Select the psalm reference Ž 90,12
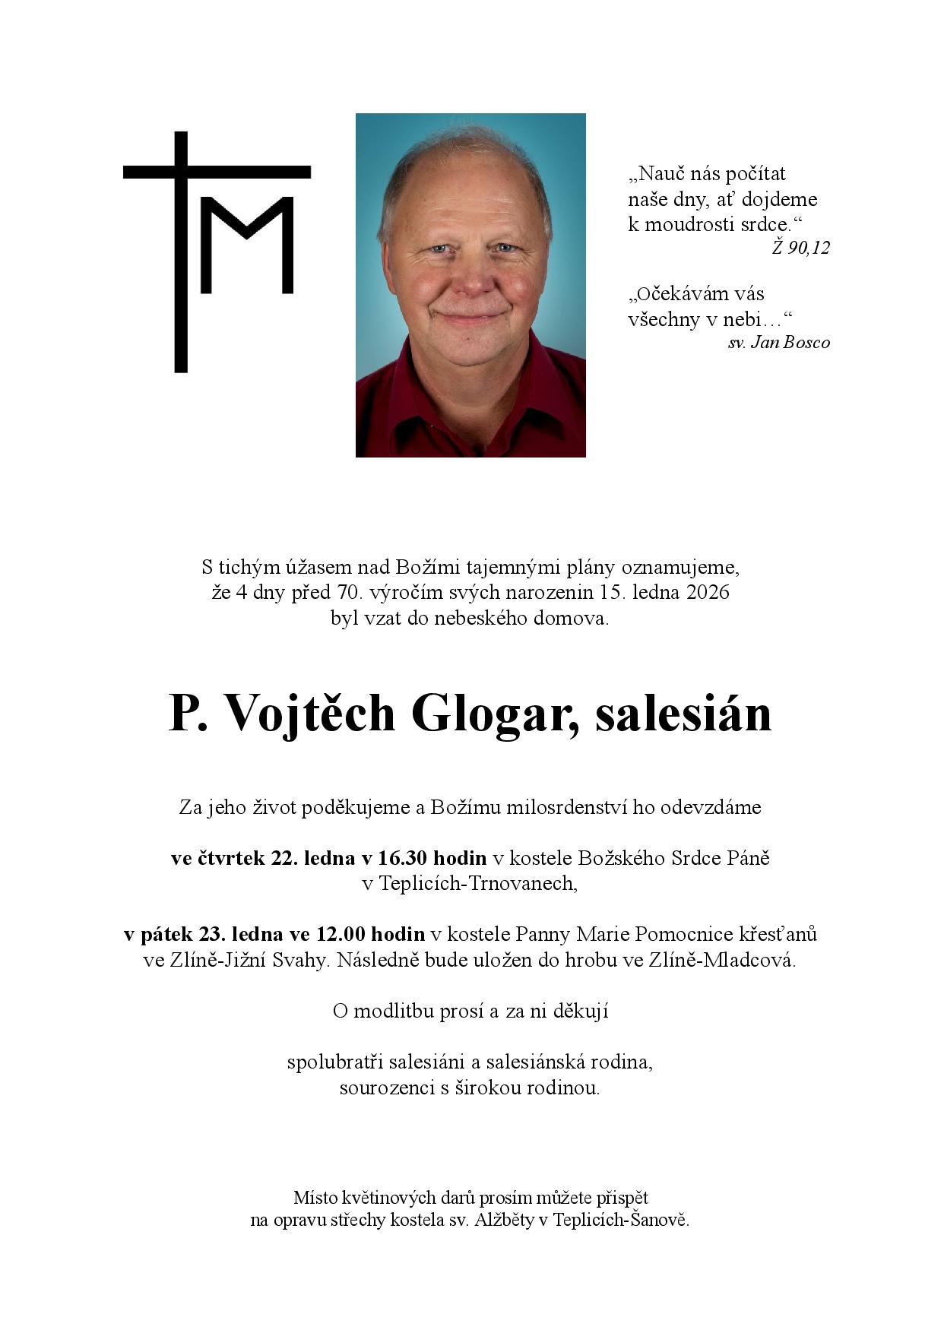coord(800,248)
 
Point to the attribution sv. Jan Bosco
coord(778,343)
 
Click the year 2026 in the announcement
coord(708,592)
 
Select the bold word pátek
coord(166,934)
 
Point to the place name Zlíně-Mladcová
coord(722,960)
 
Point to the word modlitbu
coord(395,1012)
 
